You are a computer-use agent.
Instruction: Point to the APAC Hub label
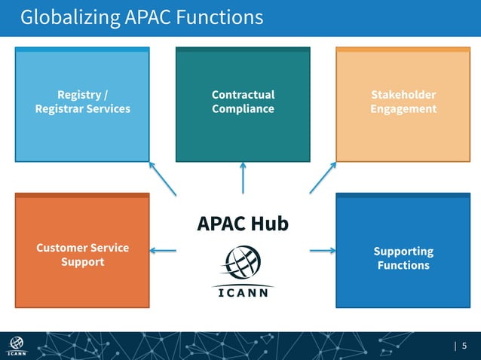[243, 224]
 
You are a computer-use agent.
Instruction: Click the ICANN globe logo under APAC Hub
[243, 264]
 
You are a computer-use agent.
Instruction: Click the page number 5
[464, 346]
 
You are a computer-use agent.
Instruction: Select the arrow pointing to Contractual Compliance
[243, 178]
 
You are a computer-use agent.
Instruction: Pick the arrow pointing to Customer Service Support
[164, 251]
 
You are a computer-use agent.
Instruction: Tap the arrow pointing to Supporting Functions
[323, 251]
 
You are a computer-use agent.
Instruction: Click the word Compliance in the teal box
[243, 109]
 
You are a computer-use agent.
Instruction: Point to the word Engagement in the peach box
[403, 109]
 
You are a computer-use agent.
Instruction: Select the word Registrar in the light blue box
[57, 109]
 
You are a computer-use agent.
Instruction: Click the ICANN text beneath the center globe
[243, 293]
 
